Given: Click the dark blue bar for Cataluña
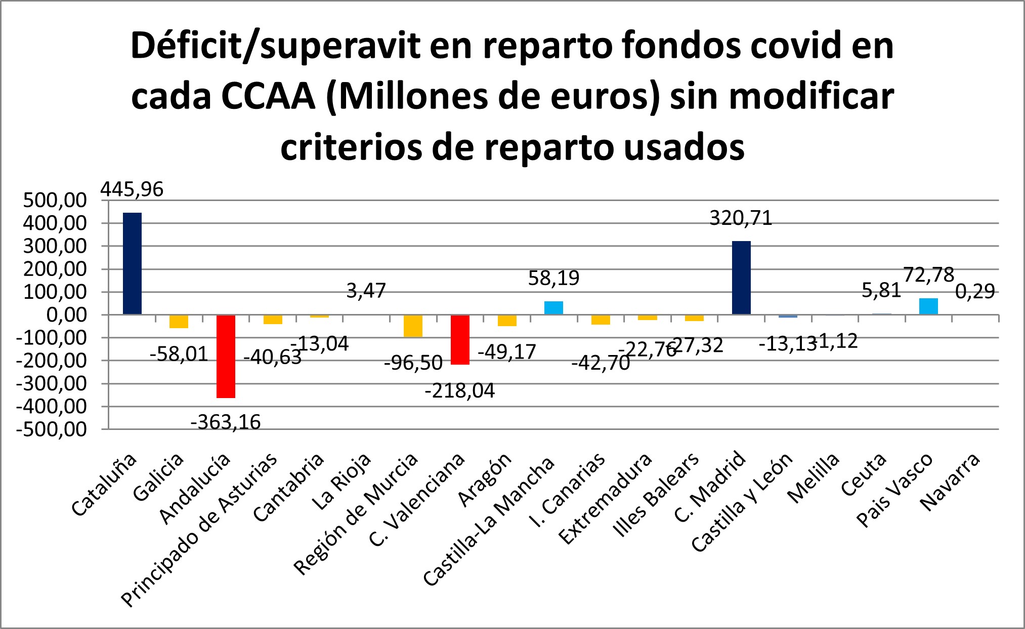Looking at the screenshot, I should tap(132, 263).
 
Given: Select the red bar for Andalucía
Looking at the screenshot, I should tap(226, 357).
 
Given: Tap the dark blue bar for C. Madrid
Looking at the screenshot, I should tap(741, 278).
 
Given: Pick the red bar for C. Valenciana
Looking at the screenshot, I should tap(460, 339).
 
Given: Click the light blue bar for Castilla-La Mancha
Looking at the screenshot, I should tap(553, 308).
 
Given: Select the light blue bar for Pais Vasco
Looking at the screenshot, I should tap(928, 306).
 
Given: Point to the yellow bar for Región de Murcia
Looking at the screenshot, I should tap(413, 326).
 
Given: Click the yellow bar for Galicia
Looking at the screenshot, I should tap(179, 321).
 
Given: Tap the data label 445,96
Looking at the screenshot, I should tap(132, 189).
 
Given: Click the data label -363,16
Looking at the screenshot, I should tap(226, 422).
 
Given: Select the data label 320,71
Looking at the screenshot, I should tap(741, 218).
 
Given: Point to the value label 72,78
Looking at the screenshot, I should tap(928, 275).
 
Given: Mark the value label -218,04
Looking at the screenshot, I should tap(459, 390).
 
